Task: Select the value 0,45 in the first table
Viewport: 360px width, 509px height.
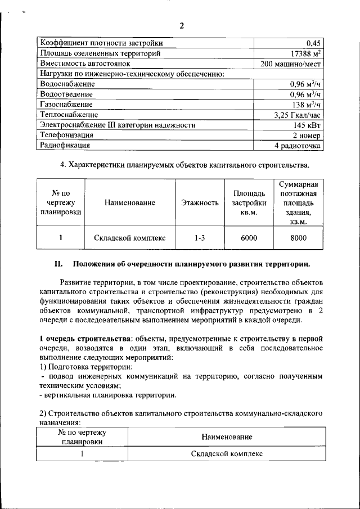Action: [313, 43]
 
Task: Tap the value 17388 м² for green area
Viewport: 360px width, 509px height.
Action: [305, 53]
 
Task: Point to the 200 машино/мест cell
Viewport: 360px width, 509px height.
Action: [291, 64]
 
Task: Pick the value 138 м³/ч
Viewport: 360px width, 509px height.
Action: [307, 104]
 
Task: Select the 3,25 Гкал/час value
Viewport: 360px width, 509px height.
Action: [298, 115]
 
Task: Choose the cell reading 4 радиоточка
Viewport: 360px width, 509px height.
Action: [298, 146]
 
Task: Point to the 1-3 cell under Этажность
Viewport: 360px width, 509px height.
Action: [200, 238]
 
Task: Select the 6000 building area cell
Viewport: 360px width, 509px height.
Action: [249, 238]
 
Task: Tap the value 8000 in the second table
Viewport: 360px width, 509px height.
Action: [298, 238]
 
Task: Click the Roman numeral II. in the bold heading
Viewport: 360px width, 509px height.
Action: [58, 264]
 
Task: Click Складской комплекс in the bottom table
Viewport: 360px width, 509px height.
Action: [227, 453]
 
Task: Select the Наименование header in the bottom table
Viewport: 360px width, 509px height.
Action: [227, 437]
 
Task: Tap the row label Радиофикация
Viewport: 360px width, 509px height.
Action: [65, 146]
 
